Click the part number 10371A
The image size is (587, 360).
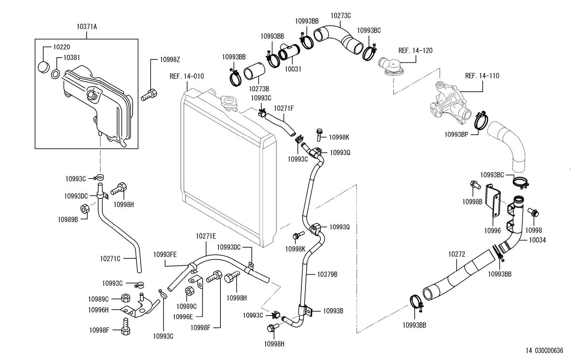click(x=87, y=27)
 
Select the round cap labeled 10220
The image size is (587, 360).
click(x=44, y=67)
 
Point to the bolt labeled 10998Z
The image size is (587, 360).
click(x=149, y=95)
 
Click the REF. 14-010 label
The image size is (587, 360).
click(x=187, y=77)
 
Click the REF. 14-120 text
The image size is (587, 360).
click(x=415, y=50)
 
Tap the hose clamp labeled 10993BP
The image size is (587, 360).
click(x=481, y=120)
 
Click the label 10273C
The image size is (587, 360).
click(x=340, y=16)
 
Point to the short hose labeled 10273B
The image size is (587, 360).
click(x=254, y=71)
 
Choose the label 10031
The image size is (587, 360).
click(x=293, y=69)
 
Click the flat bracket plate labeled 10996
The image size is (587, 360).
click(x=493, y=201)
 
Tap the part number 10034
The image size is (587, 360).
click(x=537, y=240)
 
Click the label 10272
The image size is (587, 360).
click(x=456, y=254)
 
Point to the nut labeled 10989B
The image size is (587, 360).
click(x=85, y=209)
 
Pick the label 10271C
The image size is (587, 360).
click(x=110, y=259)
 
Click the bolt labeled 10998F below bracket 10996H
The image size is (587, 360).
click(x=126, y=326)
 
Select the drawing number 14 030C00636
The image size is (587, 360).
click(x=544, y=350)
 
